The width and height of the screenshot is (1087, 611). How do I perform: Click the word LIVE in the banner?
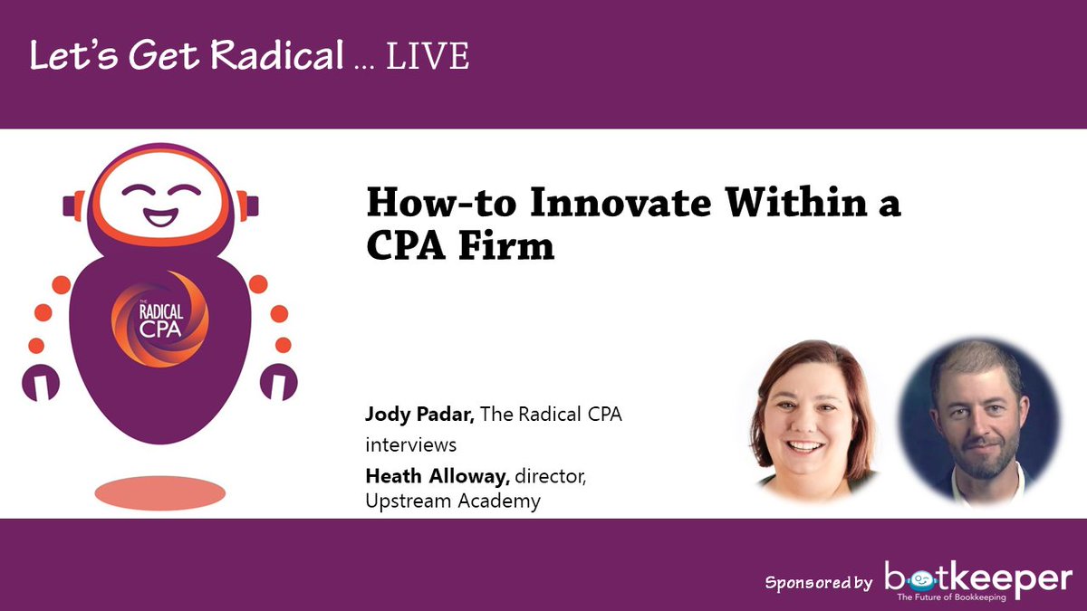428,57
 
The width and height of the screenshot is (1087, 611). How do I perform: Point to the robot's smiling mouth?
159,217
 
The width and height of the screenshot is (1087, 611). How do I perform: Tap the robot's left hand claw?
40,382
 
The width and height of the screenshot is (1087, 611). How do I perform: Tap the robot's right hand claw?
279,382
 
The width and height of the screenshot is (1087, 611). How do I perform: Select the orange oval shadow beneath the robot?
159,492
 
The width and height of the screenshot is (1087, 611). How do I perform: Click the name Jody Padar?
419,415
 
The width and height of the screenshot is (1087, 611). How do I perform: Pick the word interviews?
411,445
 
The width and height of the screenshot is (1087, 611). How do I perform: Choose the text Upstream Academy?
453,501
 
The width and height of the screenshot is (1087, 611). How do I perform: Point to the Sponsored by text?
818,582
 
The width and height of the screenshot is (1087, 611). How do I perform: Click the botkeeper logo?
978,578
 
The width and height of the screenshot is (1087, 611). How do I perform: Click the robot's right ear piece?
251,205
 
